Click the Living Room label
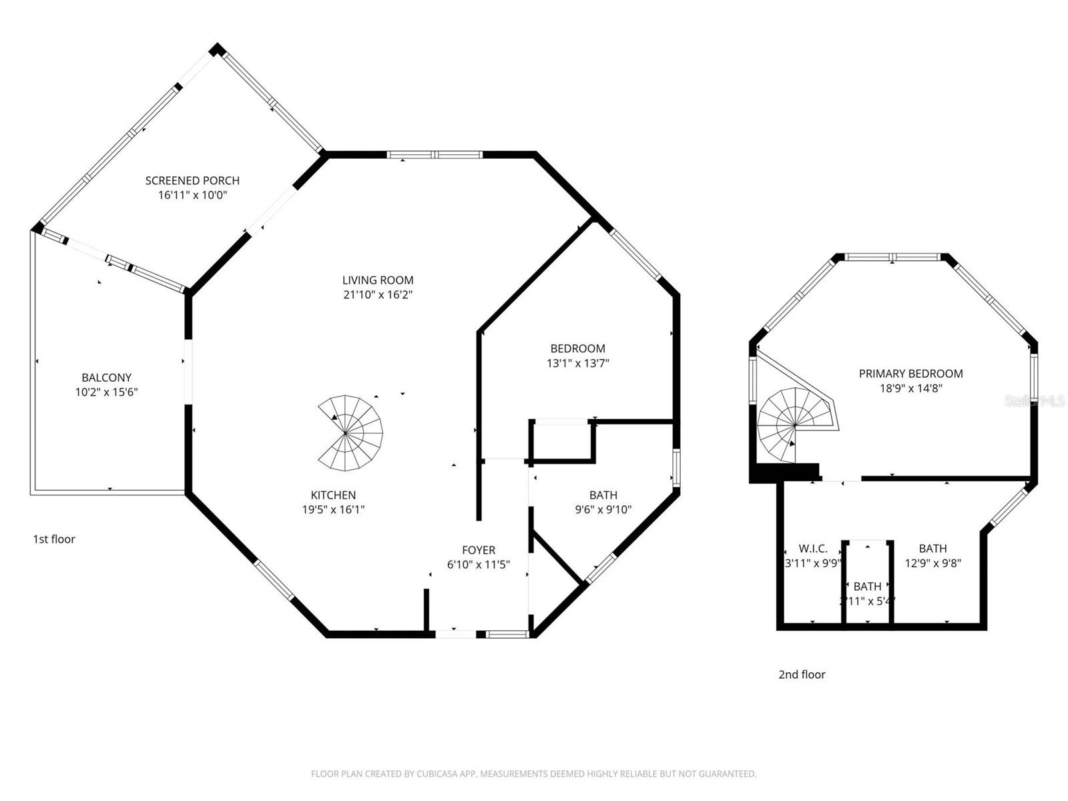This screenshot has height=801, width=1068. pos(378,280)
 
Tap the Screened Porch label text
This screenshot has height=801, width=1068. pos(192,180)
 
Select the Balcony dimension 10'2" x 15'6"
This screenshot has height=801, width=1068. pos(106,392)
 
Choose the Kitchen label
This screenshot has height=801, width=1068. pos(333,495)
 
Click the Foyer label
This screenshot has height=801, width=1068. pos(479,550)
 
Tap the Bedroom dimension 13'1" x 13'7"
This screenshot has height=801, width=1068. pos(578,364)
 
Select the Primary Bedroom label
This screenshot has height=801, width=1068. pos(910,374)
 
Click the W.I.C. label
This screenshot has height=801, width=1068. pos(813,549)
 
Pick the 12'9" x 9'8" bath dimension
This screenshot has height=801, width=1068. pos(932,563)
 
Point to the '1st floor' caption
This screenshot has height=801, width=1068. pos(54,539)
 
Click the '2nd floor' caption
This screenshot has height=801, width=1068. pos(802,675)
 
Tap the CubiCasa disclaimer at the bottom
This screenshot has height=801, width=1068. pos(533,774)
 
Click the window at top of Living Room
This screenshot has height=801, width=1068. pos(435,155)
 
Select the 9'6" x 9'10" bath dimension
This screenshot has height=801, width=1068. pos(603,510)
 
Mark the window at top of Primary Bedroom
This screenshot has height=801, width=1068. pos(893,257)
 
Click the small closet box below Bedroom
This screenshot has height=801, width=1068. pos(562,441)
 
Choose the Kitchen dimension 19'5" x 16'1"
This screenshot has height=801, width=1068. pos(333,510)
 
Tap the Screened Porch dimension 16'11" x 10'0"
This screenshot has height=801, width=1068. pos(192,196)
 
